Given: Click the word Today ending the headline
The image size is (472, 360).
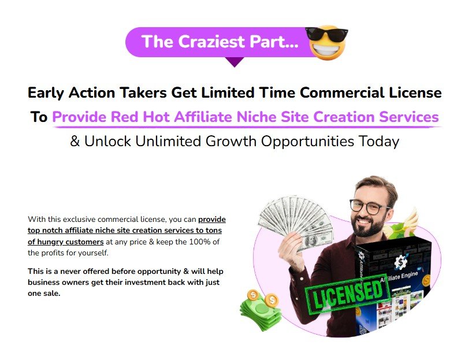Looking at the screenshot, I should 377,142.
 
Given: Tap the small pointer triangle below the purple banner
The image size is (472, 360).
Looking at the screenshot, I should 233,61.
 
